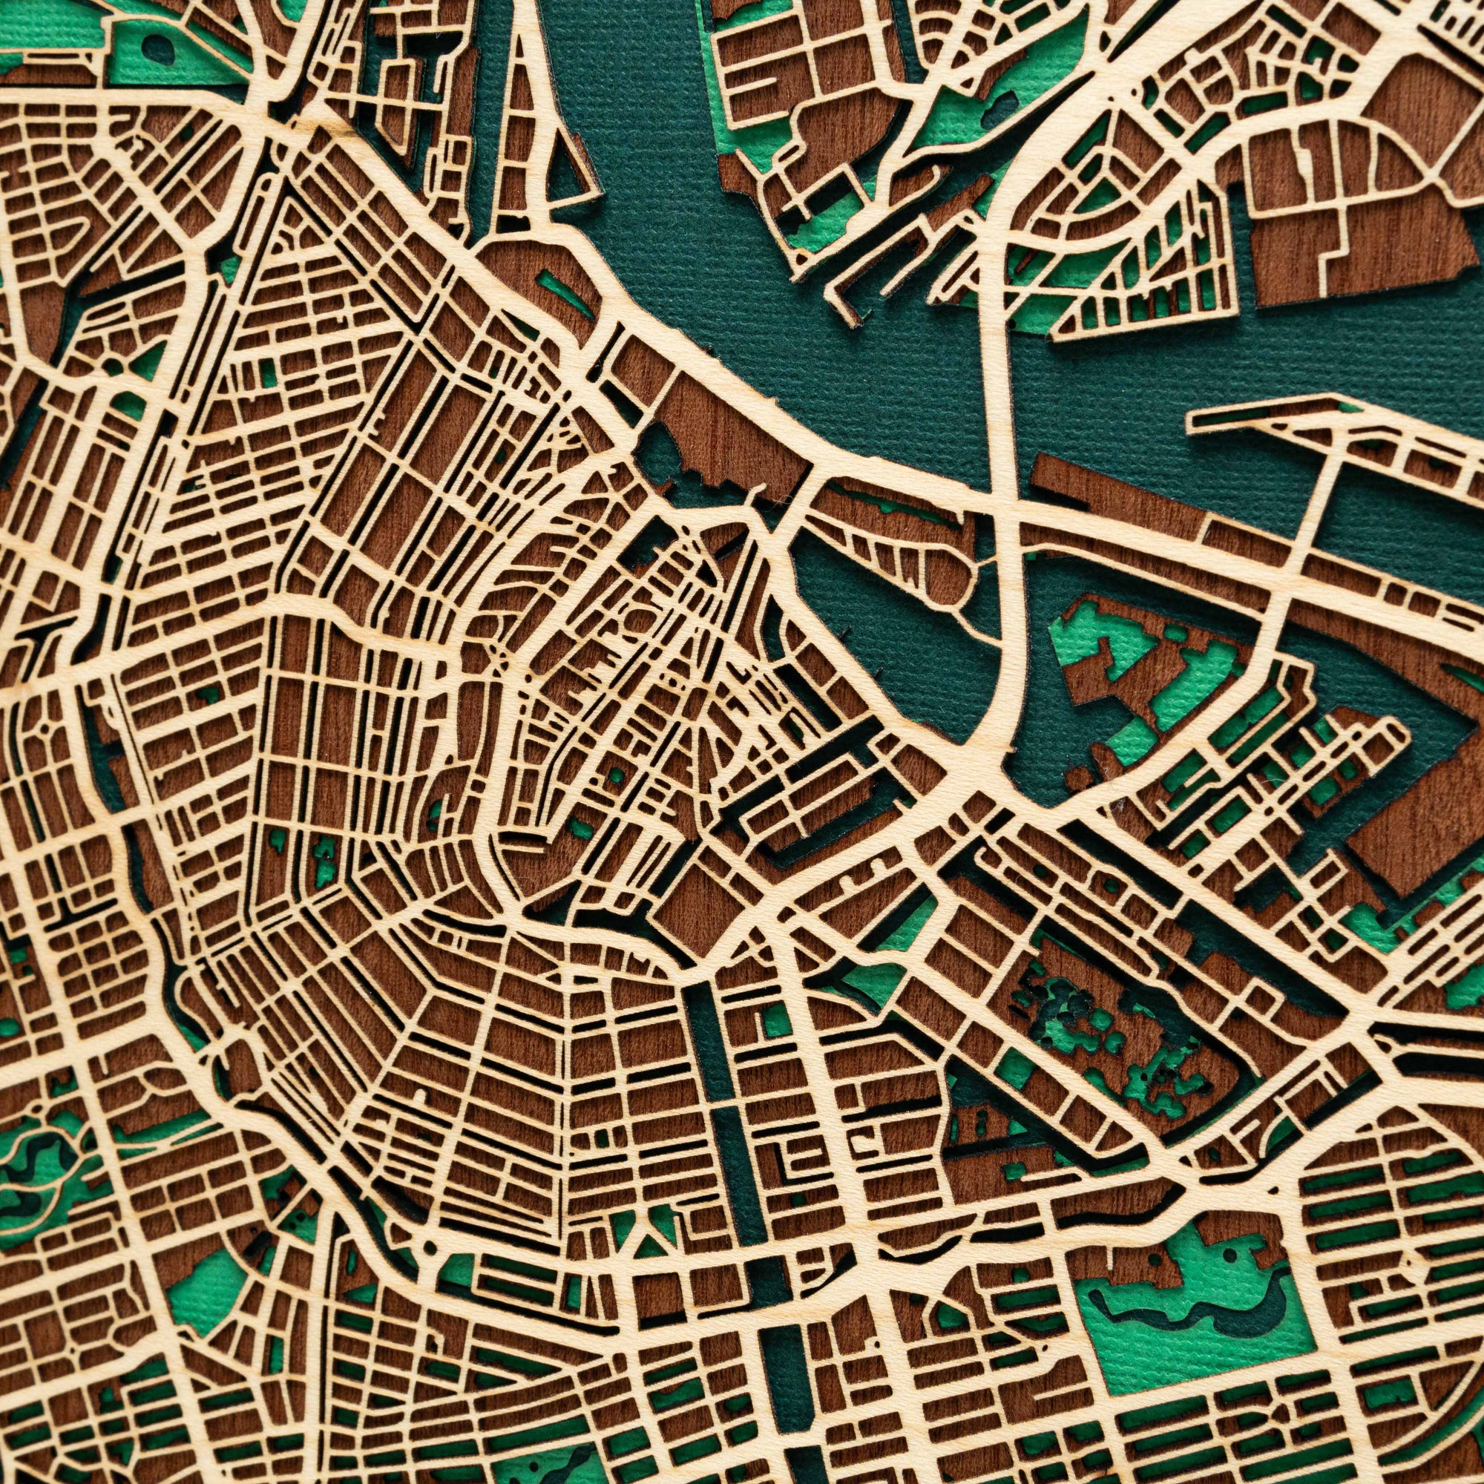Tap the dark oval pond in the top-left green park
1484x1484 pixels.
(160, 47)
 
